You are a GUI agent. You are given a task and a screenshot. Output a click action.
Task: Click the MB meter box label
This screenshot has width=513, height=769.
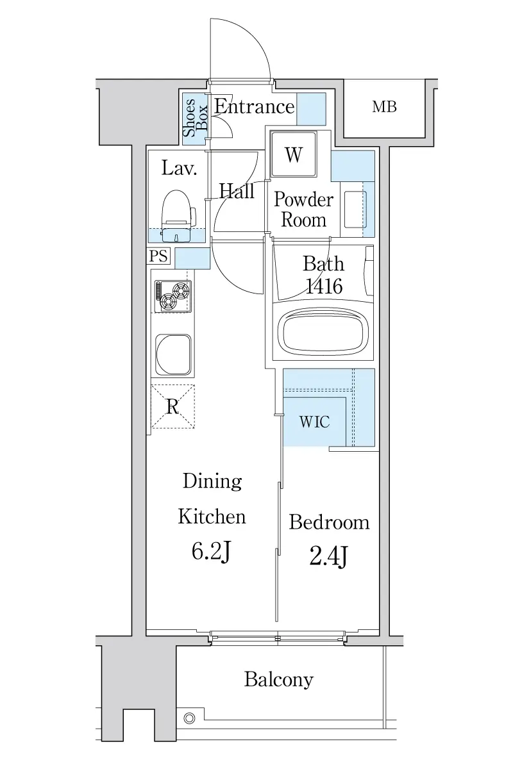384,107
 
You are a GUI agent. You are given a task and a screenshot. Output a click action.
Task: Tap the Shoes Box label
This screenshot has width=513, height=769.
195,117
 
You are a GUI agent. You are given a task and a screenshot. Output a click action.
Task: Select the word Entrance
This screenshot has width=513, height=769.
255,106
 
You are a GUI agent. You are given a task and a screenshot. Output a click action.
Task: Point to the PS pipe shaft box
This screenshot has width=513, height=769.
159,256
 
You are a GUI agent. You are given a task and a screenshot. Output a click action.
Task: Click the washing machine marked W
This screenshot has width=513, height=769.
294,154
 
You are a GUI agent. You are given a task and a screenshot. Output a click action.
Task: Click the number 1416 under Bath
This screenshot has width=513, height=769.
324,286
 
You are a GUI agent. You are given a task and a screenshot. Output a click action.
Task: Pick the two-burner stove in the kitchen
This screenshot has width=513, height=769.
173,296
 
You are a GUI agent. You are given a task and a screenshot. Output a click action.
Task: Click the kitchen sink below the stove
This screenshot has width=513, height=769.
173,354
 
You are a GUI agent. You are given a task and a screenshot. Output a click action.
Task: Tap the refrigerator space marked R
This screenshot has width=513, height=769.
173,406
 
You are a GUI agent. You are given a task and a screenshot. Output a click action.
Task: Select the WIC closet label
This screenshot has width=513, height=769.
314,422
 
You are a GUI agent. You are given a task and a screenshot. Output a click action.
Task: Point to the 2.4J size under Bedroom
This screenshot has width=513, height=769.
329,557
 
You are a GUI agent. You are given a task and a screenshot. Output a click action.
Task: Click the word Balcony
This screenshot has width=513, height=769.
279,679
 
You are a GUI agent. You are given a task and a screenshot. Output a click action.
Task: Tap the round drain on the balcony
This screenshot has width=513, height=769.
189,718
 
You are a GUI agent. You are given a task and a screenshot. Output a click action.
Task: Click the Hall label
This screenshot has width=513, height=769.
237,190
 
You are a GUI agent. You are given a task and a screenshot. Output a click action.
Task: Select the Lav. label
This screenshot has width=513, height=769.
179,168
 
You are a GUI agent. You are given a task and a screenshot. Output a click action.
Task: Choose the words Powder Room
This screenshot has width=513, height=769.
304,210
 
